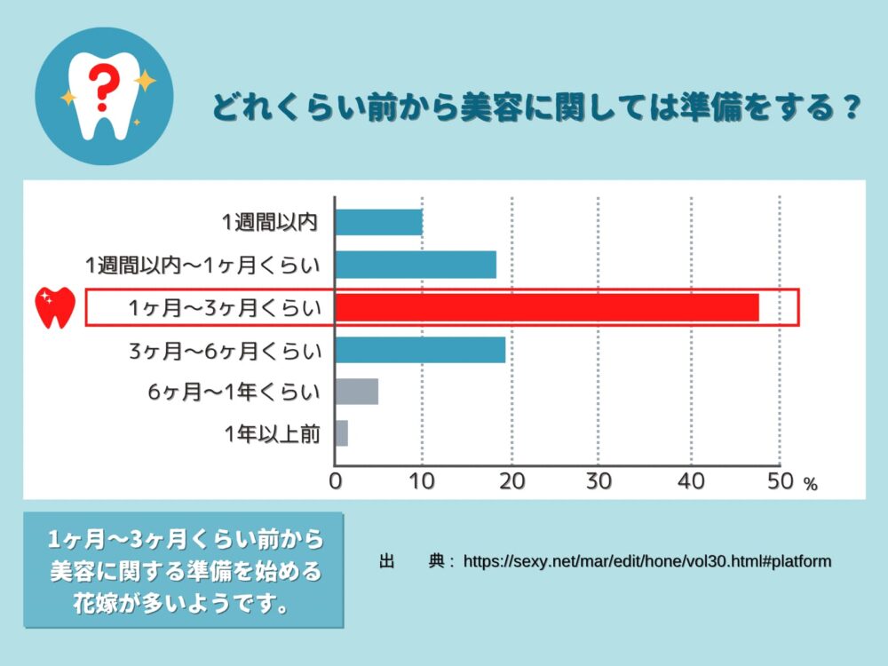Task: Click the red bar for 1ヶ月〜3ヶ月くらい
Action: [x=547, y=307]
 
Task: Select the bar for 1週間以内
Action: [x=378, y=222]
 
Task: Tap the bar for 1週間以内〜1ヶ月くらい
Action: [x=416, y=265]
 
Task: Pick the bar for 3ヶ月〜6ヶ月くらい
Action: [x=420, y=350]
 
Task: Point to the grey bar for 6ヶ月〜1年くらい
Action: [x=357, y=392]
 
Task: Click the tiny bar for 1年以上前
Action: [x=342, y=433]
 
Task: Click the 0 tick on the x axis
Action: [x=336, y=481]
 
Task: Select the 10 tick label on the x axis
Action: [x=422, y=481]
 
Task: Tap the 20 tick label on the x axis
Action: [x=511, y=481]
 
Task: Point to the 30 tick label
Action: [x=600, y=481]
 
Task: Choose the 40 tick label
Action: [x=690, y=481]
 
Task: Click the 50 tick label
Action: [x=779, y=481]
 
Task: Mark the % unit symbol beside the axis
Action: [x=809, y=485]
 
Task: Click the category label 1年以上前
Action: [x=272, y=434]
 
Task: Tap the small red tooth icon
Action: [x=54, y=307]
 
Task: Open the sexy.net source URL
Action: [x=646, y=561]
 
